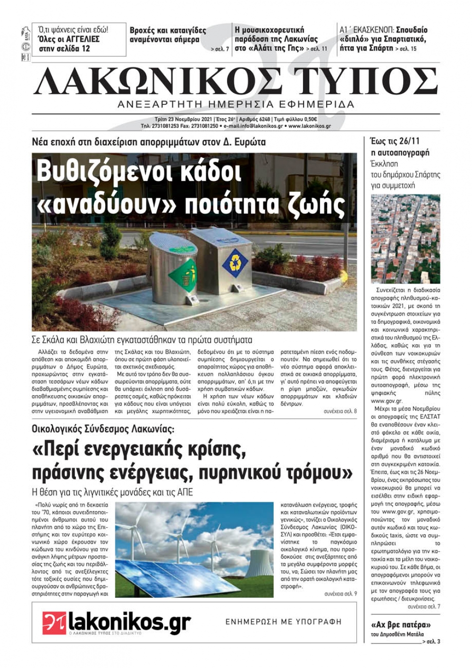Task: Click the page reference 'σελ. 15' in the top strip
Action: (x=407, y=49)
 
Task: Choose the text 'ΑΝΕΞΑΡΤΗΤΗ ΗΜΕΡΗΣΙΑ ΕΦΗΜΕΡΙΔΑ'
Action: (x=236, y=104)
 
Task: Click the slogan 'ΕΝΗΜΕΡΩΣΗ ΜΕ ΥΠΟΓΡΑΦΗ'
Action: (x=283, y=622)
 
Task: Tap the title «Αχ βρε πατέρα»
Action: (x=401, y=625)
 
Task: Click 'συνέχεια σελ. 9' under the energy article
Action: (x=340, y=593)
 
